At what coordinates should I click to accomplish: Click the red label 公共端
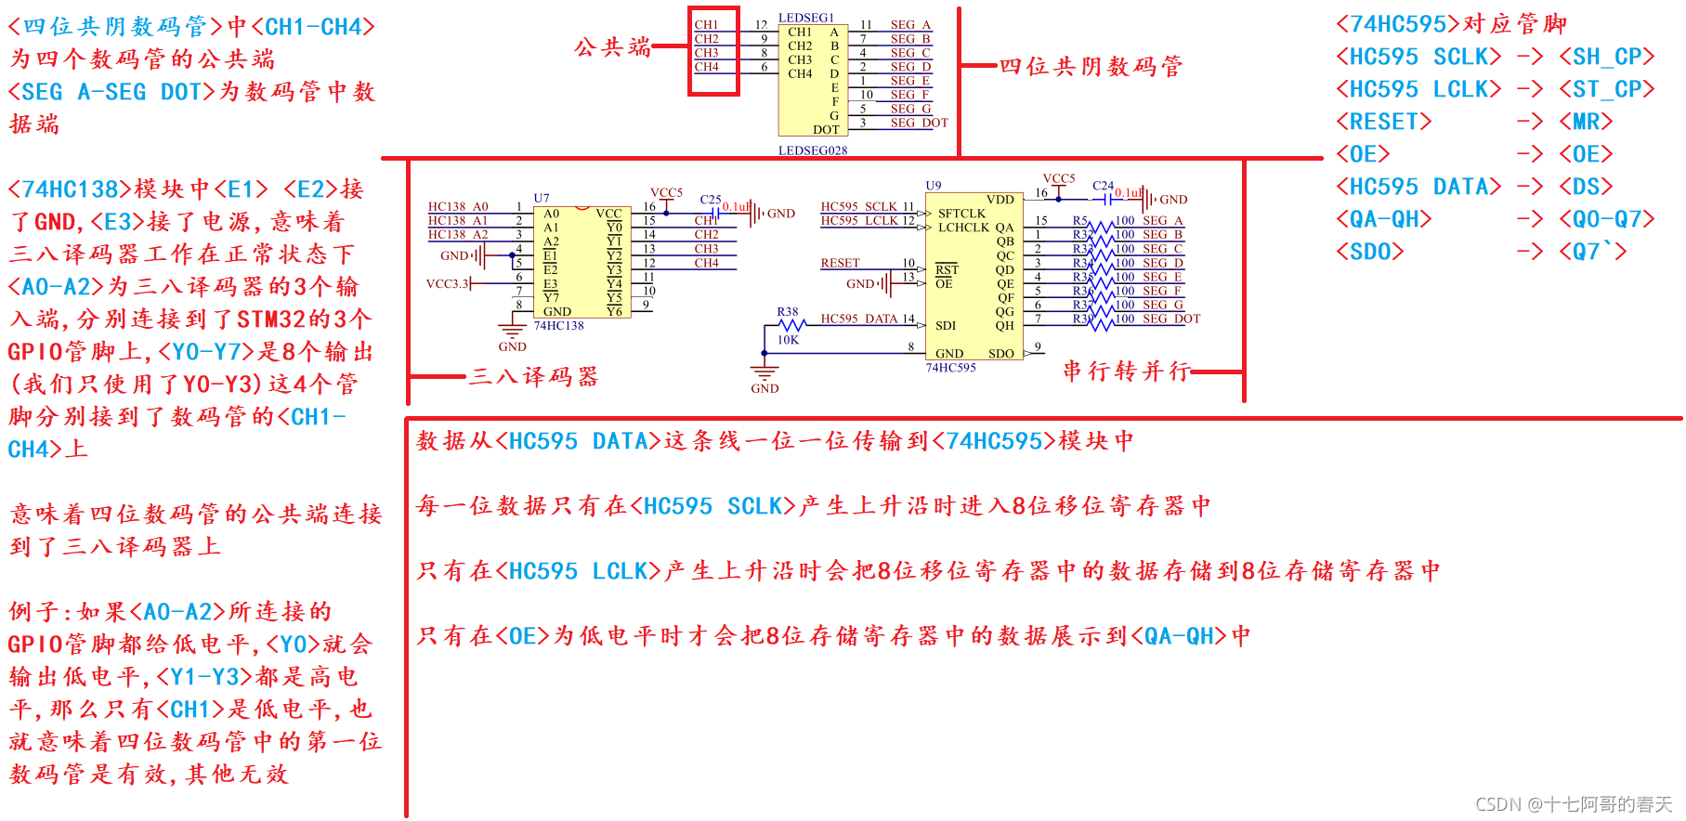point(612,46)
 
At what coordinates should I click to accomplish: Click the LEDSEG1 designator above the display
point(805,18)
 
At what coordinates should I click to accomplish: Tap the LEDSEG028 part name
point(812,150)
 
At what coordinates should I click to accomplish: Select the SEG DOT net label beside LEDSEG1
point(919,123)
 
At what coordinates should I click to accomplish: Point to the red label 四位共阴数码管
point(1091,66)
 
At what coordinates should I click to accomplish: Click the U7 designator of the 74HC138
point(542,198)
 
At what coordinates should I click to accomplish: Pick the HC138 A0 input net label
point(458,206)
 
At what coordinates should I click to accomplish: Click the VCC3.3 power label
point(447,283)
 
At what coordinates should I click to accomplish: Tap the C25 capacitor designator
point(710,200)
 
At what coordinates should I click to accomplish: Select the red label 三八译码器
point(533,376)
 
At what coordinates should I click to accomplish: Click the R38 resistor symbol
point(791,325)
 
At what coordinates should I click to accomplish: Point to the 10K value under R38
point(788,340)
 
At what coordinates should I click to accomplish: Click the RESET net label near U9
point(840,263)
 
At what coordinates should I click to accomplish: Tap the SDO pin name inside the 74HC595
point(1000,353)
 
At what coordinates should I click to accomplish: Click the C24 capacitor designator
point(1103,186)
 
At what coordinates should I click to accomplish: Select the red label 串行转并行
point(1126,371)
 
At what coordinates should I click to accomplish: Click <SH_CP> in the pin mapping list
point(1606,57)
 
